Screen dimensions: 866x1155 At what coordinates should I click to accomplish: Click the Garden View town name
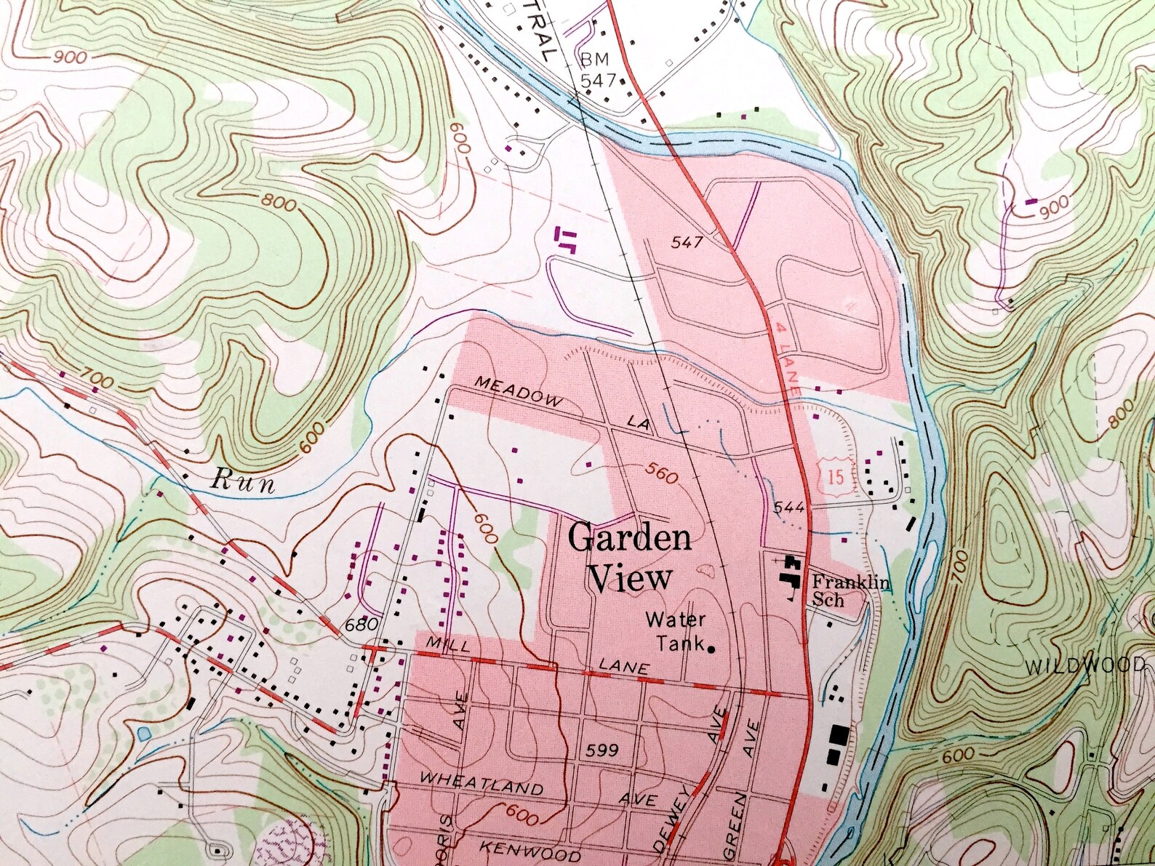pyautogui.click(x=630, y=558)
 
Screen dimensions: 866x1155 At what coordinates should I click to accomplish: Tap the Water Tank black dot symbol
pyautogui.click(x=711, y=649)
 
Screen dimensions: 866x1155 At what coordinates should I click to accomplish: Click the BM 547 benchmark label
pyautogui.click(x=597, y=71)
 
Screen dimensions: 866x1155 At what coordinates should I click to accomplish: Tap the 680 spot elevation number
pyautogui.click(x=361, y=625)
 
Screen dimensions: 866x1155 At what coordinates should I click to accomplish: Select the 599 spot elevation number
pyautogui.click(x=602, y=750)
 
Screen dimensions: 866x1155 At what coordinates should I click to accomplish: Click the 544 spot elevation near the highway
pyautogui.click(x=788, y=507)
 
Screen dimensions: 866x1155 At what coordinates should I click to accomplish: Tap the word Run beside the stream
pyautogui.click(x=243, y=481)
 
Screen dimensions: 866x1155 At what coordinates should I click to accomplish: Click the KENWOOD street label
pyautogui.click(x=530, y=851)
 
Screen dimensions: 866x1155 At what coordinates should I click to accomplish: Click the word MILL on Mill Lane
pyautogui.click(x=446, y=644)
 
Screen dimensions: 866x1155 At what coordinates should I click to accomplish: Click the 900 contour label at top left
pyautogui.click(x=69, y=57)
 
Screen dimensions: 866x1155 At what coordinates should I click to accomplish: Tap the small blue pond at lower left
pyautogui.click(x=143, y=733)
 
